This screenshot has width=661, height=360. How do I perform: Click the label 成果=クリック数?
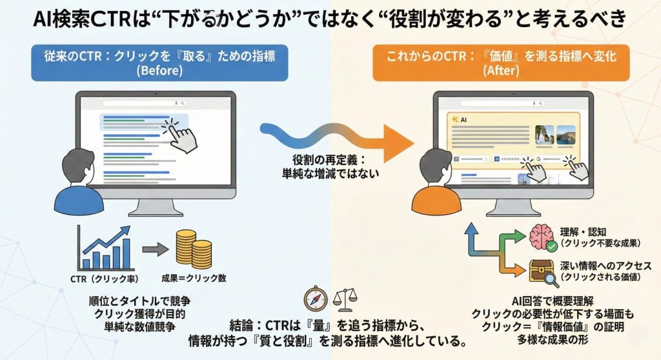coord(194,280)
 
